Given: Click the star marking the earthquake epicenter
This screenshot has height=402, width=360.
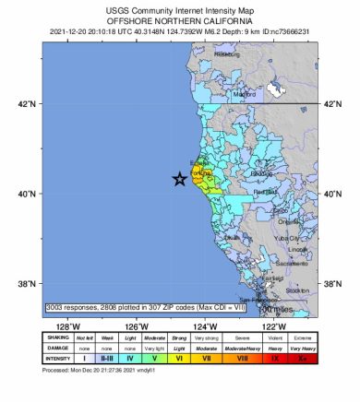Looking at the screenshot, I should [x=180, y=180].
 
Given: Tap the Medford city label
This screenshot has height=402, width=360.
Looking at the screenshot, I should [x=245, y=94].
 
